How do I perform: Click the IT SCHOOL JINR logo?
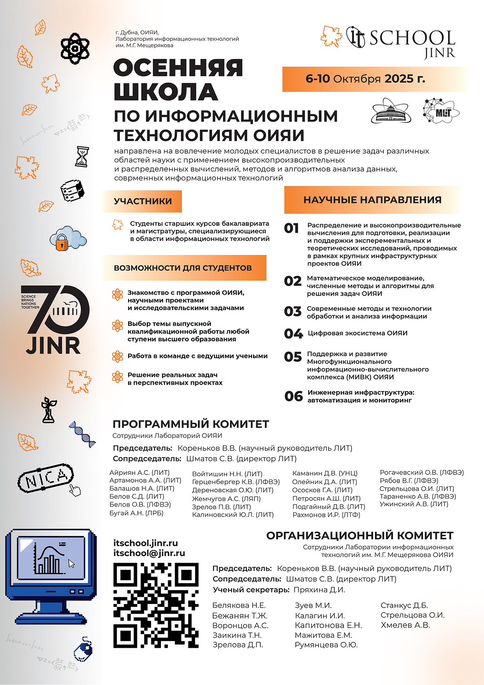tap(401, 41)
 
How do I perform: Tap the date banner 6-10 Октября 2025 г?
tap(365, 79)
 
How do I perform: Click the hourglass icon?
tap(82, 156)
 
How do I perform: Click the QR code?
tap(156, 605)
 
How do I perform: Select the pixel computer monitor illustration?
tap(50, 575)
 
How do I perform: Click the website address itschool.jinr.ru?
tap(145, 543)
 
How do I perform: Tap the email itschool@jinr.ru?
tap(149, 553)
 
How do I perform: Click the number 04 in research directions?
tap(293, 334)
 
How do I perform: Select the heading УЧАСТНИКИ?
tap(143, 201)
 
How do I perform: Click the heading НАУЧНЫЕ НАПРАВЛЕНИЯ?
tap(372, 200)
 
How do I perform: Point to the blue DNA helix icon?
tap(82, 434)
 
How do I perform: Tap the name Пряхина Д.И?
tap(319, 590)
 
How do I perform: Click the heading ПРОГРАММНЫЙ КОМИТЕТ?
tap(190, 424)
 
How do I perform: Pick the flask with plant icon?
tap(48, 410)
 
